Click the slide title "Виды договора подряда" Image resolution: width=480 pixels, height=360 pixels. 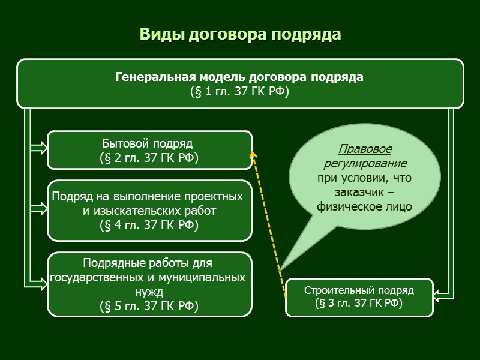(x=240, y=34)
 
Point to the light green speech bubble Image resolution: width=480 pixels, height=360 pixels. (x=364, y=177)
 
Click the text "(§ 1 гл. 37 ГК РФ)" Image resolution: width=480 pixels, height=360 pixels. (x=239, y=92)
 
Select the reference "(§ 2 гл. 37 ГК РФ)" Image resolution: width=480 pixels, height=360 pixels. (x=149, y=158)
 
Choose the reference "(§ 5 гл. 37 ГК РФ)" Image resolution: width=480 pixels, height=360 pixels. (x=149, y=305)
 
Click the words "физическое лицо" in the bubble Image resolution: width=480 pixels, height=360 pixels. (x=364, y=207)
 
